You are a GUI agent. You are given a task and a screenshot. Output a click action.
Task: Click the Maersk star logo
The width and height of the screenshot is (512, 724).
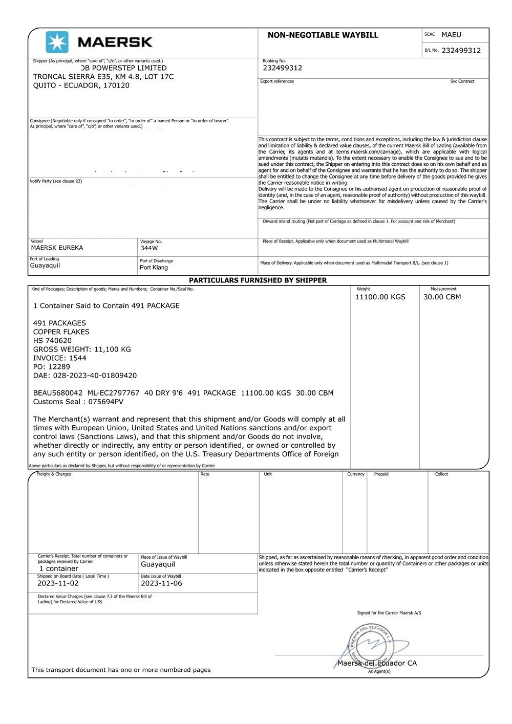tap(57, 42)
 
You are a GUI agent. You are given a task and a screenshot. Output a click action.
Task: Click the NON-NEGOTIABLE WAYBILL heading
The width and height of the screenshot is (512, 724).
tap(323, 35)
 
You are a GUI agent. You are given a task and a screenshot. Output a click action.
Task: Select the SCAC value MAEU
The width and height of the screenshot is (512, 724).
tap(451, 35)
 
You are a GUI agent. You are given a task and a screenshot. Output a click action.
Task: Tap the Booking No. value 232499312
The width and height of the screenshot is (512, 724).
tap(282, 68)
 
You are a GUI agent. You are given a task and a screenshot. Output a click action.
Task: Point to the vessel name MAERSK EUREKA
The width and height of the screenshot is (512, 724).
tap(57, 248)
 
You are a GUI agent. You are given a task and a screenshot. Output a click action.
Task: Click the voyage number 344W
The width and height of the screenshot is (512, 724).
tap(149, 248)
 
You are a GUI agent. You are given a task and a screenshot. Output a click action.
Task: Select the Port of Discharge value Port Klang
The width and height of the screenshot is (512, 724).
tap(154, 268)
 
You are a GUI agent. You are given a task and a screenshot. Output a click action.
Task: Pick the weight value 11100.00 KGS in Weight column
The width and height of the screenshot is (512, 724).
tap(380, 297)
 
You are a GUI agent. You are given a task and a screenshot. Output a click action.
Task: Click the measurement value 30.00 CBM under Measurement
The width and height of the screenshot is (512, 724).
tap(442, 297)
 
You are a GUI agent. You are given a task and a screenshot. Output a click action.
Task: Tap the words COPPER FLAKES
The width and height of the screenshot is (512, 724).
tap(61, 332)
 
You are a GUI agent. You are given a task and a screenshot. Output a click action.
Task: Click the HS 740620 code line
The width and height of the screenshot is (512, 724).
tap(52, 341)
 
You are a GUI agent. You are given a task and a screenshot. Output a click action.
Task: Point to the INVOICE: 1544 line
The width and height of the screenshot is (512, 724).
tap(59, 358)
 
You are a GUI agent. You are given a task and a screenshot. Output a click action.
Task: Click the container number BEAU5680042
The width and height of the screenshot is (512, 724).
tap(58, 393)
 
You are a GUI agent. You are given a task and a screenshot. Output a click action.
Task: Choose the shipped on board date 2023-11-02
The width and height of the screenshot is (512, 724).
tap(58, 583)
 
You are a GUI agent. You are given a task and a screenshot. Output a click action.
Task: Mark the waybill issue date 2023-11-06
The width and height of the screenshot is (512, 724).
tap(161, 583)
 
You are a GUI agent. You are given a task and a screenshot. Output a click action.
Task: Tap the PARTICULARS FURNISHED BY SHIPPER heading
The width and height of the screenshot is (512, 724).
tap(258, 280)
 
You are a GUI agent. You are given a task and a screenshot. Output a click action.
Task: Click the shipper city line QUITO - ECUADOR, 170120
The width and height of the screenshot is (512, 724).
tap(81, 85)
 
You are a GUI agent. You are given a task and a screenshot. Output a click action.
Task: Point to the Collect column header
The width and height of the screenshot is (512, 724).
tap(441, 474)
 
